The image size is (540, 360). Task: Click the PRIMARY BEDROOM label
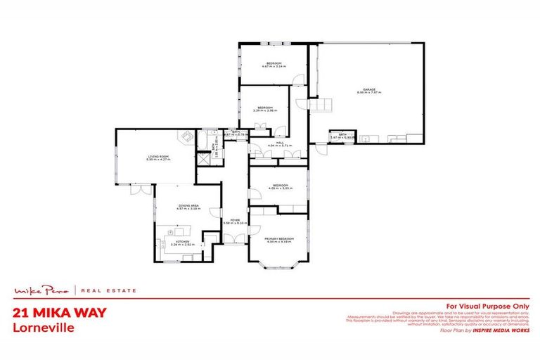(x=278, y=239)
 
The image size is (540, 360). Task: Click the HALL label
(x=279, y=143)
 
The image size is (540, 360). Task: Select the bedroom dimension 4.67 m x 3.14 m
(x=272, y=67)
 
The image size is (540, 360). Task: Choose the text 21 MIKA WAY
(x=59, y=314)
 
